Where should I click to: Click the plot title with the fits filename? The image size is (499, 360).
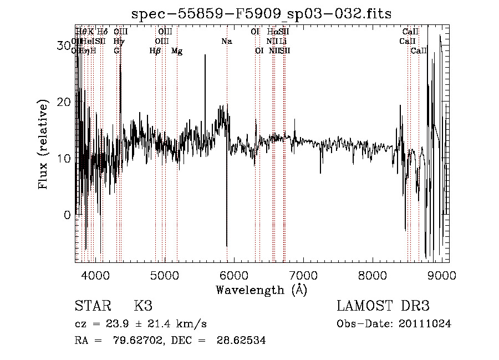pyautogui.click(x=258, y=13)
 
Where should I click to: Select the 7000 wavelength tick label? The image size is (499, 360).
pyautogui.click(x=303, y=275)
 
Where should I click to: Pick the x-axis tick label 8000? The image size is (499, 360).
pyautogui.click(x=373, y=275)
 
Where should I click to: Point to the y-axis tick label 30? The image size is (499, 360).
pyautogui.click(x=64, y=45)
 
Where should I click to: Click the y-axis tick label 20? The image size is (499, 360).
pyautogui.click(x=64, y=102)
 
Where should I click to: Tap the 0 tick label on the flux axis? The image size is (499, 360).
pyautogui.click(x=68, y=215)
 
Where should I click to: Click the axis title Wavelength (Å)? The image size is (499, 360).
pyautogui.click(x=261, y=290)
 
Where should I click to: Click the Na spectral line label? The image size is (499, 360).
pyautogui.click(x=226, y=41)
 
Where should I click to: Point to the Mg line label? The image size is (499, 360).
pyautogui.click(x=177, y=51)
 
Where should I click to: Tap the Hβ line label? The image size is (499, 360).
pyautogui.click(x=155, y=51)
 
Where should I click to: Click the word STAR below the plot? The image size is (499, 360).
pyautogui.click(x=92, y=306)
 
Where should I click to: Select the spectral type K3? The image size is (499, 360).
pyautogui.click(x=143, y=306)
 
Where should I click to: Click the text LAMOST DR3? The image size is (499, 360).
pyautogui.click(x=383, y=306)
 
